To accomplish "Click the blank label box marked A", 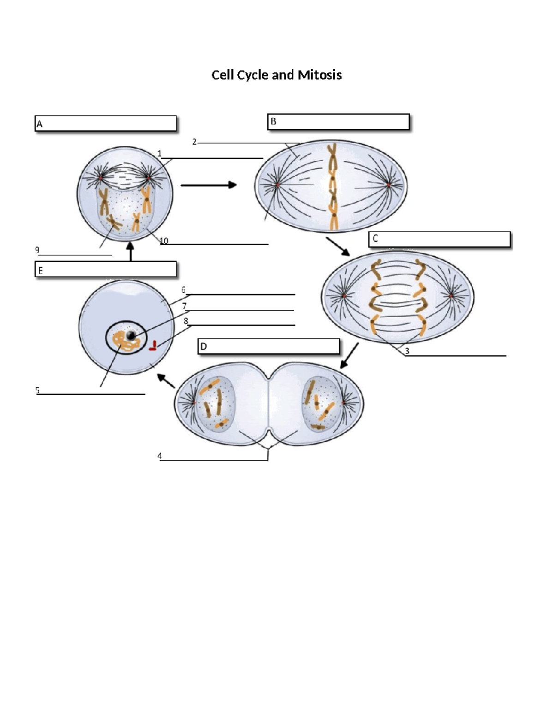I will tap(105, 124).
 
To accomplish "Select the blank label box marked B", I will tap(338, 122).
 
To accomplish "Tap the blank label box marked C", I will tap(439, 239).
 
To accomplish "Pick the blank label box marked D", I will tap(269, 346).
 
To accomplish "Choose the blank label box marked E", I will tap(105, 270).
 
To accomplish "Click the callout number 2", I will tap(194, 142).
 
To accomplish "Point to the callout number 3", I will tap(407, 351).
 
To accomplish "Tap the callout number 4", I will tap(160, 456).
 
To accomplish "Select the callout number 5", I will tap(38, 390).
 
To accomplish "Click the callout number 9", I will tap(37, 250).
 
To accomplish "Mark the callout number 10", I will tap(164, 241).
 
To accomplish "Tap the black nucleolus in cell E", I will tap(132, 336).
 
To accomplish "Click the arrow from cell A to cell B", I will tap(208, 185).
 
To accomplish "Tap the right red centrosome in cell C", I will tap(451, 295).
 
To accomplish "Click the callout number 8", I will tap(186, 321).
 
